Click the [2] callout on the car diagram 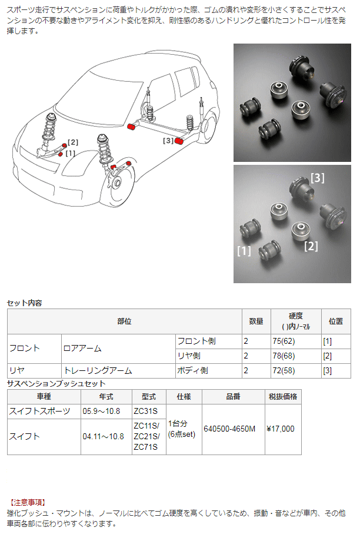pyautogui.click(x=72, y=142)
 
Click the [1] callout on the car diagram pyautogui.click(x=70, y=153)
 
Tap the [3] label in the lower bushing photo pyautogui.click(x=318, y=177)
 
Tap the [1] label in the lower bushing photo pyautogui.click(x=244, y=251)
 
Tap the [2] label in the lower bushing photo pyautogui.click(x=311, y=246)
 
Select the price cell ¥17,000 pyautogui.click(x=281, y=429)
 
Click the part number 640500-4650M pyautogui.click(x=229, y=429)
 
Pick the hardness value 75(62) pyautogui.click(x=284, y=340)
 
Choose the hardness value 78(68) pyautogui.click(x=284, y=356)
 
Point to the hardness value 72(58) pyautogui.click(x=284, y=371)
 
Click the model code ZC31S pyautogui.click(x=145, y=411)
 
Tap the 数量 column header pyautogui.click(x=256, y=321)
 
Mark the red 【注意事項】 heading pyautogui.click(x=28, y=502)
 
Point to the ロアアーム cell pyautogui.click(x=82, y=348)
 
